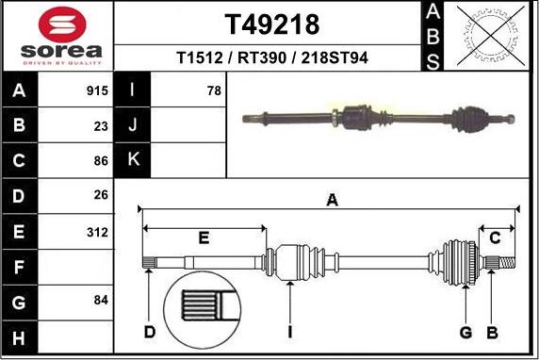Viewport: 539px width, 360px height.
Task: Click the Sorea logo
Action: pyautogui.click(x=58, y=36)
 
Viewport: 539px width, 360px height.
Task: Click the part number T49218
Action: pyautogui.click(x=272, y=24)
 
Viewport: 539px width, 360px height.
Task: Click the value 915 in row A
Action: pyautogui.click(x=97, y=91)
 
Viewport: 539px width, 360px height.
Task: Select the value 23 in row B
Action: pyautogui.click(x=101, y=123)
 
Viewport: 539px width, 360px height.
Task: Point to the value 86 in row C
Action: pyautogui.click(x=101, y=160)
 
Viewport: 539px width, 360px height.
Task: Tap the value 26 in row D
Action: pyautogui.click(x=101, y=196)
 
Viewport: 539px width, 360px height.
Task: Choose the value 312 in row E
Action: pyautogui.click(x=97, y=232)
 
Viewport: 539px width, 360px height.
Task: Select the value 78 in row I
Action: pyautogui.click(x=213, y=91)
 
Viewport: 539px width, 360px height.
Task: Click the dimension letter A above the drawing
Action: pyautogui.click(x=332, y=199)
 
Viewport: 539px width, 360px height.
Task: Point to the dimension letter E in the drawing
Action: pyautogui.click(x=204, y=237)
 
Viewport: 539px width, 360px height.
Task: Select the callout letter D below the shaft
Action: pyautogui.click(x=149, y=332)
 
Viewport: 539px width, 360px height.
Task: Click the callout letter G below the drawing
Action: pyautogui.click(x=465, y=332)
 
